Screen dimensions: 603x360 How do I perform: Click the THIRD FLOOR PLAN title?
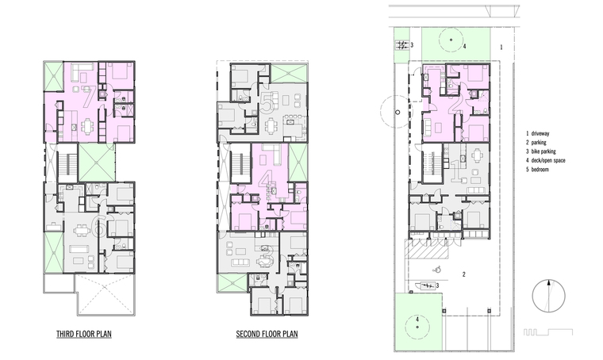84,334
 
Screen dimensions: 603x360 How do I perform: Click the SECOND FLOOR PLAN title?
267,334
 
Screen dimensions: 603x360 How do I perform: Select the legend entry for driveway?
538,134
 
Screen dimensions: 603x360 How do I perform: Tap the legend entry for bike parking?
541,151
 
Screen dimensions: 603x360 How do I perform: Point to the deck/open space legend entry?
546,161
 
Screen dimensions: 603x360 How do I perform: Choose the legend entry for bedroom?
537,170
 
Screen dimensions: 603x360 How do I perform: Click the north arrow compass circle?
549,297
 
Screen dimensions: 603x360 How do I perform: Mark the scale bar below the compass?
548,332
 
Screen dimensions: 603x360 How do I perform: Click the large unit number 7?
89,97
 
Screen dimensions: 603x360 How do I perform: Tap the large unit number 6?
100,226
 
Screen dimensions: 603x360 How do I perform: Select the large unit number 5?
266,102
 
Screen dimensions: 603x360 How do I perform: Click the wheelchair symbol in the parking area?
437,270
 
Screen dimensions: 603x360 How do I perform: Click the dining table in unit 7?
88,126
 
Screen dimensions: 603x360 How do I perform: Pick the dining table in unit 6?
81,231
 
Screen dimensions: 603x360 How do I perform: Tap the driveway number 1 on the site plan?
501,48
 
